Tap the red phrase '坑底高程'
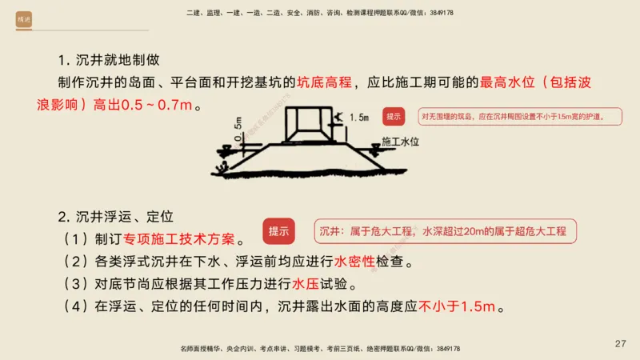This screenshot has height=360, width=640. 324,82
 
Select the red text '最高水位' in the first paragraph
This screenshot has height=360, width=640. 505,82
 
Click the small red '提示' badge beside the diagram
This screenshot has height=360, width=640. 394,117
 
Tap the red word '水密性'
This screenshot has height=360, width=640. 354,261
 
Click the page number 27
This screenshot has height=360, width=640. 620,343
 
